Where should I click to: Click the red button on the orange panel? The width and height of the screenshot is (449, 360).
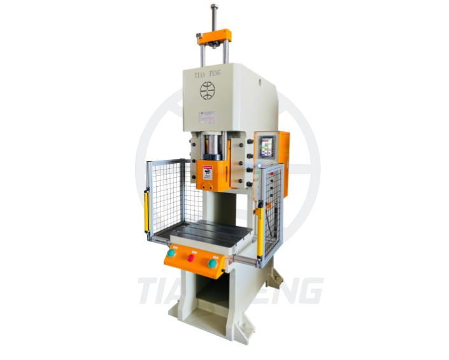[x=191, y=258]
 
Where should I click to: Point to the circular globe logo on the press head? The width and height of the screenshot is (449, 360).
[x=207, y=91]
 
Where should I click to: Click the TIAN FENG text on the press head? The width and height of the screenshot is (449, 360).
[x=206, y=74]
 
